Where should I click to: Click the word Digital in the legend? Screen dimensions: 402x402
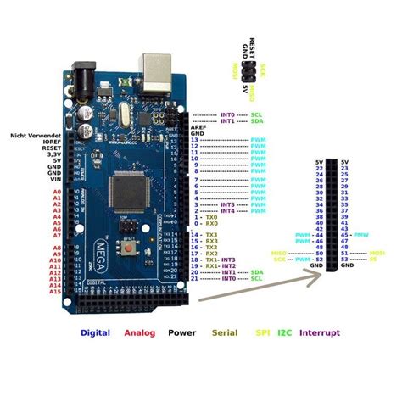click(95, 332)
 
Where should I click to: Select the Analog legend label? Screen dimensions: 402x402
click(141, 332)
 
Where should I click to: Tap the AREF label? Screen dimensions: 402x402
click(198, 127)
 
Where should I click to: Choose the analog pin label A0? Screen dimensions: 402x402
click(57, 193)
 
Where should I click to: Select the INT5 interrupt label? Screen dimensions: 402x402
click(226, 204)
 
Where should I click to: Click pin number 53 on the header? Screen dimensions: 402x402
click(345, 259)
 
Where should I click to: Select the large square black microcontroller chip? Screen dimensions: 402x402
click(128, 188)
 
